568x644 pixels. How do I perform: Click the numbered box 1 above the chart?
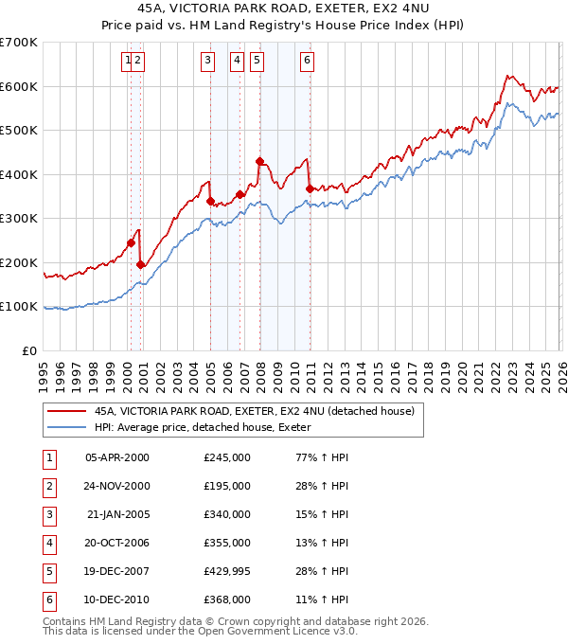pos(128,62)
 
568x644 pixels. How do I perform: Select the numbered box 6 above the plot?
pos(308,62)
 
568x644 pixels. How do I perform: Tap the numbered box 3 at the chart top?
pos(207,62)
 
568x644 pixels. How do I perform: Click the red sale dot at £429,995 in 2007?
pos(259,161)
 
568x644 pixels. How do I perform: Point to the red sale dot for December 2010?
pos(310,188)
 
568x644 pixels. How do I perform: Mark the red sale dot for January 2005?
pos(210,201)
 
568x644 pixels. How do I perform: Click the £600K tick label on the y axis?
pos(19,86)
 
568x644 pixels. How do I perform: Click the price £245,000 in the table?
pos(227,457)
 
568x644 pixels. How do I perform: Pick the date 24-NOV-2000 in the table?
pos(116,486)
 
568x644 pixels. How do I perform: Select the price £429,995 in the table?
pos(227,571)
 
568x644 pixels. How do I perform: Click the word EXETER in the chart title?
pos(338,10)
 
